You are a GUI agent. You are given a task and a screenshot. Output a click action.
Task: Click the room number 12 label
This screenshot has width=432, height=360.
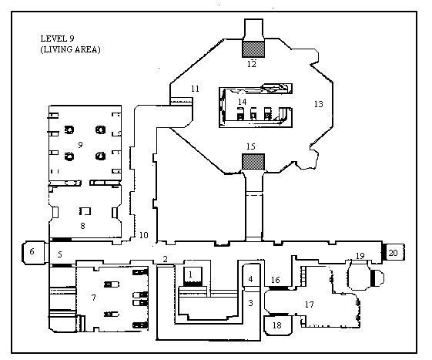tap(252, 64)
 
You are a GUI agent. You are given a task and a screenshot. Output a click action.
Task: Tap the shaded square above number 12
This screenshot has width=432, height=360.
tap(253, 49)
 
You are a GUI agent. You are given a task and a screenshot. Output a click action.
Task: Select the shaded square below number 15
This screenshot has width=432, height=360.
tap(253, 162)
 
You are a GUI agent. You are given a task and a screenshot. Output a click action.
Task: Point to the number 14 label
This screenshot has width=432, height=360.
tap(242, 102)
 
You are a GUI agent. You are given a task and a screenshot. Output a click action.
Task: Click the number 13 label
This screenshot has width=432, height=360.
tap(319, 104)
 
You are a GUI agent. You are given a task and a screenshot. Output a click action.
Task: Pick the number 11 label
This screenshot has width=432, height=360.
tap(195, 89)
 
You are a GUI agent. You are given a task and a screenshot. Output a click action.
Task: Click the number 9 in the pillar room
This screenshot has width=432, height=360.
tap(80, 145)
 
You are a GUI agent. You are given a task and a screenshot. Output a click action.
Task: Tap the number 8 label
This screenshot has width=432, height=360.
tap(82, 226)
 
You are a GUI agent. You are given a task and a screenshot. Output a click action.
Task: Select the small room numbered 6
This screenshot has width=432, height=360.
tap(34, 252)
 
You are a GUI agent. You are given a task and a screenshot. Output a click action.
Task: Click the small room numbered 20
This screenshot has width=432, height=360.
tap(395, 252)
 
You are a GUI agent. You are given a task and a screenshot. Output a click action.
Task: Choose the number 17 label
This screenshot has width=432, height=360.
tap(309, 304)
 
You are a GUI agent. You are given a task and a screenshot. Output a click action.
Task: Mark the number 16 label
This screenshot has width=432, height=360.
tap(276, 280)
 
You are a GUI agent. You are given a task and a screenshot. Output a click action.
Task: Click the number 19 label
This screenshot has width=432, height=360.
tap(360, 256)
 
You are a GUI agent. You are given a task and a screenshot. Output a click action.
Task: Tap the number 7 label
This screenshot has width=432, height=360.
tap(94, 298)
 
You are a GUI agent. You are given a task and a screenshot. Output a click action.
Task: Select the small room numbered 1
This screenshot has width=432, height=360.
tap(193, 276)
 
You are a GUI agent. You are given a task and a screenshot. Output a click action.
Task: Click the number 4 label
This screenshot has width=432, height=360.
tap(250, 279)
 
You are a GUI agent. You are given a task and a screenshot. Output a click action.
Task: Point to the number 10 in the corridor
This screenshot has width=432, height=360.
tap(144, 235)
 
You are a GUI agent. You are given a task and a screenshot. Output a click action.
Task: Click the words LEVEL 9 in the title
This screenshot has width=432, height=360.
tap(57, 39)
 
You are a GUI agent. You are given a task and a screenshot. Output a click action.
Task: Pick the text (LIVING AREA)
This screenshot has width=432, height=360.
tap(70, 49)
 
